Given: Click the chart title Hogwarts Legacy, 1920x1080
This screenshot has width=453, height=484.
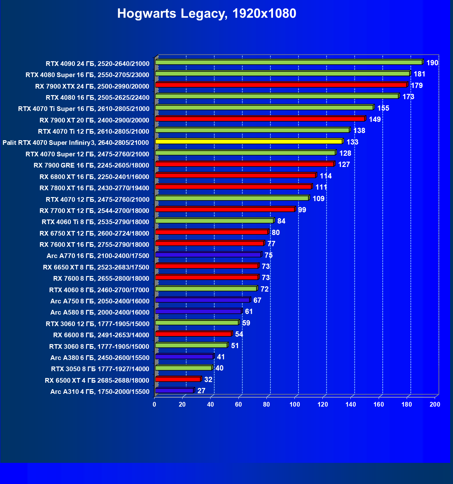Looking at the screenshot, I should coord(206,14).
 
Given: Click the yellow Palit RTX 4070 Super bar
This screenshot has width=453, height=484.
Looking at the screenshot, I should coord(249,142).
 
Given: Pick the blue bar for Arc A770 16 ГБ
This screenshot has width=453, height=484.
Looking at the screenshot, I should coord(208,255).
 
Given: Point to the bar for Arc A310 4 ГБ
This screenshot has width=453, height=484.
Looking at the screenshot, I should coord(174,391).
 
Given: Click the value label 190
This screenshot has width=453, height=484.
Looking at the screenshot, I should coord(432,63).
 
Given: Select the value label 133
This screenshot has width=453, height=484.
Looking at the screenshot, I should coord(352,142).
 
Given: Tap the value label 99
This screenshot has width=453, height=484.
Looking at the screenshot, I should coord(302,210).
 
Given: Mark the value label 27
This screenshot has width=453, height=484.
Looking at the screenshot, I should coord(201,391).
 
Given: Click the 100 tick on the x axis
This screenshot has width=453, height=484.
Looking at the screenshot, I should coord(295,404).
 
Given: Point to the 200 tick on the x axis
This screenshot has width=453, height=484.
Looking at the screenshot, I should coord(435,404).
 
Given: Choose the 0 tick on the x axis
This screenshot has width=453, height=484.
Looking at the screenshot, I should coord(155,404).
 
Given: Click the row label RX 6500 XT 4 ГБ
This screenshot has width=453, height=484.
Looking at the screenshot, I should coord(97,380).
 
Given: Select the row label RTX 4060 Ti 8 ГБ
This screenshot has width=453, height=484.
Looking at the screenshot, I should coord(95,222).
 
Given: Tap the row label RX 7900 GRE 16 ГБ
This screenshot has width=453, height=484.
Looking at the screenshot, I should coord(91,165).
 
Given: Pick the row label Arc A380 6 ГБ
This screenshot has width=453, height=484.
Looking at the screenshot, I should coord(100,358).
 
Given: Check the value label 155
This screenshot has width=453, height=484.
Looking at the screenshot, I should coord(383,108).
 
